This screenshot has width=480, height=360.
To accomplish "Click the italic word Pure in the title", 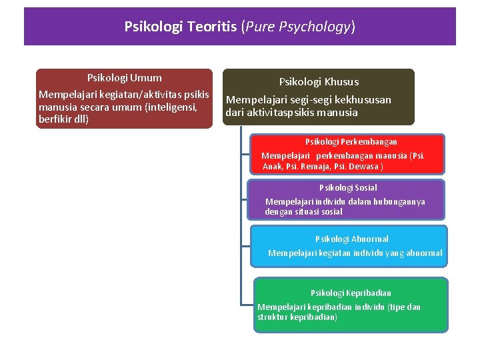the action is pyautogui.click(x=261, y=27).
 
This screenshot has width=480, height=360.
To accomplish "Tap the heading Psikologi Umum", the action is pyautogui.click(x=124, y=78).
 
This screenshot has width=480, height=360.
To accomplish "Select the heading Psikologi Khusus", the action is pyautogui.click(x=319, y=82).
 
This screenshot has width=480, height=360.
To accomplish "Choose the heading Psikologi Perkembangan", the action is pyautogui.click(x=351, y=141).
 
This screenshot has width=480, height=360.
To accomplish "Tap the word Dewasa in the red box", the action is pyautogui.click(x=365, y=167).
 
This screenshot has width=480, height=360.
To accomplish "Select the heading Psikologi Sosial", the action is pyautogui.click(x=348, y=188).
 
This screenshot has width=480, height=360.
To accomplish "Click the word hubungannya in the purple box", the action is pyautogui.click(x=396, y=201).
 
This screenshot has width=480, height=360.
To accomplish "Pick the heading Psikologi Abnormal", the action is pyautogui.click(x=351, y=239).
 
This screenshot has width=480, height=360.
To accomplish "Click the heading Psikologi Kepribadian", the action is pyautogui.click(x=351, y=293).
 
